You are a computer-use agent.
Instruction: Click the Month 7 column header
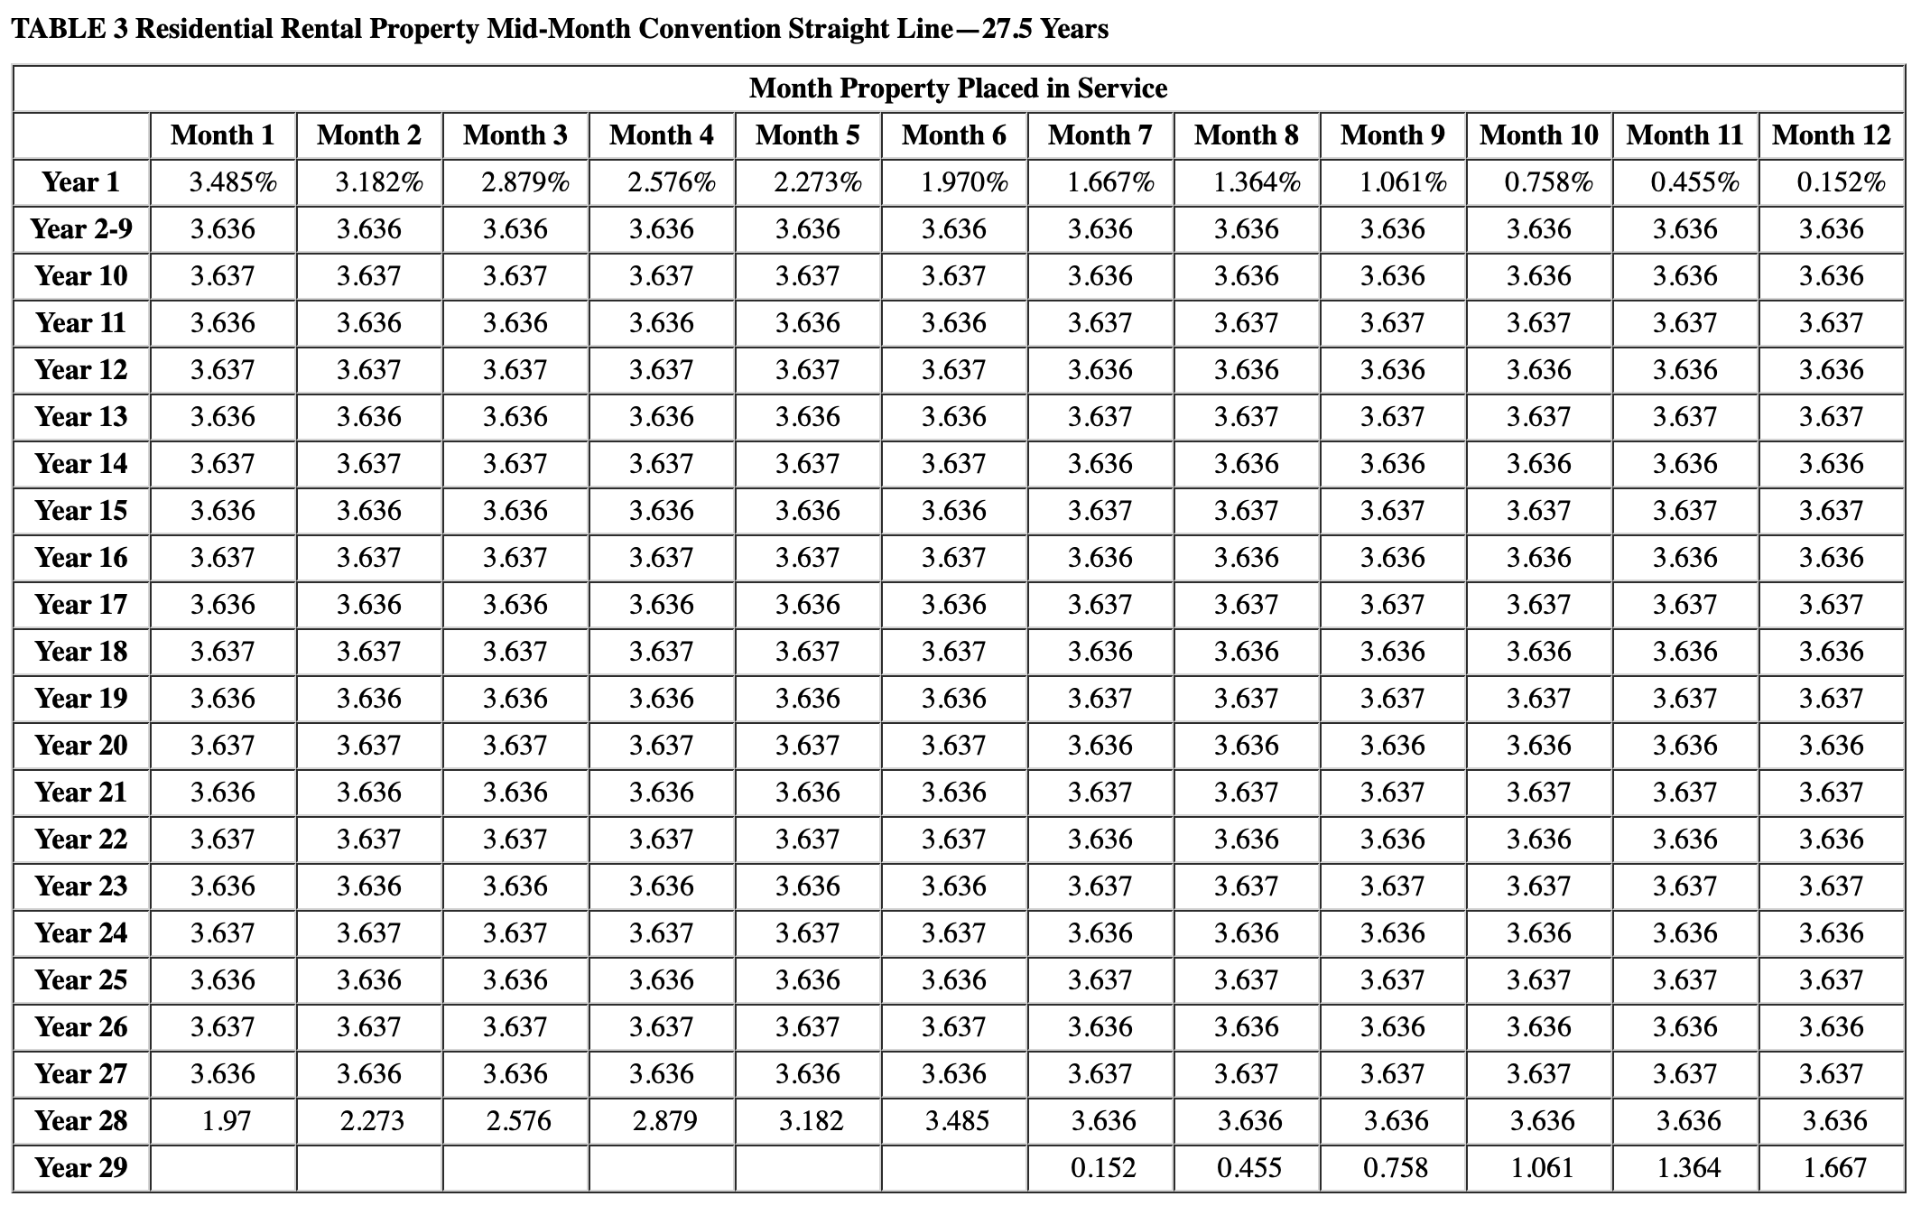(x=1100, y=135)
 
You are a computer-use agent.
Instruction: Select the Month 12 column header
(x=1831, y=135)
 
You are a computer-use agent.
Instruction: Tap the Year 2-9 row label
(x=81, y=229)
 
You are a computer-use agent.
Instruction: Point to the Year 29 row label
(x=81, y=1168)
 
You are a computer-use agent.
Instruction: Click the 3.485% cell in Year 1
(x=233, y=182)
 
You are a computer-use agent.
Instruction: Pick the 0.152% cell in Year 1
(x=1841, y=182)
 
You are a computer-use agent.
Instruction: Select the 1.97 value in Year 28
(x=226, y=1121)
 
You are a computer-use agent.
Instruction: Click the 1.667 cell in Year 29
(x=1835, y=1168)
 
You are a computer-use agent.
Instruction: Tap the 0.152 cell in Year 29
(x=1103, y=1168)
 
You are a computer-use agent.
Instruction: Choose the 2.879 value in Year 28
(x=664, y=1121)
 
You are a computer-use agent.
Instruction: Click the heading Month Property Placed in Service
(x=958, y=88)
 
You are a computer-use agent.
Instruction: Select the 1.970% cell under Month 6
(x=964, y=182)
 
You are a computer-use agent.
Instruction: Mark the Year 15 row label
(x=81, y=511)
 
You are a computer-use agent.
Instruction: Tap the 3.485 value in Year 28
(x=957, y=1121)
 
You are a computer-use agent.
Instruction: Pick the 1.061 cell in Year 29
(x=1543, y=1168)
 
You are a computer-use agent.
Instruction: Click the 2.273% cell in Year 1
(x=818, y=182)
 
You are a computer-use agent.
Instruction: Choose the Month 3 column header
(x=515, y=135)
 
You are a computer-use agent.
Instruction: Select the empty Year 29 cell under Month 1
(x=223, y=1168)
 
